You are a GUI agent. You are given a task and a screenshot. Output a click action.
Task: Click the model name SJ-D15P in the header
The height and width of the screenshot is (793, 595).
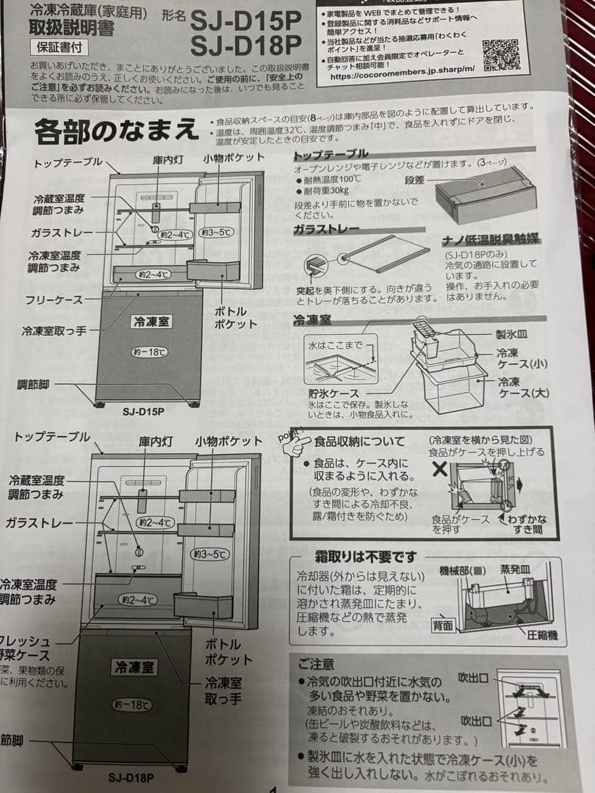coord(246,20)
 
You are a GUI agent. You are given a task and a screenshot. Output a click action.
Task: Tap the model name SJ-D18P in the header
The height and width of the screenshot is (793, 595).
coord(245,46)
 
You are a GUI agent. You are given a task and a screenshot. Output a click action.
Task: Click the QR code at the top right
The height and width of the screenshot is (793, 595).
coord(501,55)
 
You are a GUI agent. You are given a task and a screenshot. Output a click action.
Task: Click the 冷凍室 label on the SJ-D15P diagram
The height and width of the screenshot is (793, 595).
coord(150,322)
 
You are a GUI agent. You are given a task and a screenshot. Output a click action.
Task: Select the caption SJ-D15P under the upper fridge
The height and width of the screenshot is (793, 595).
coord(143,412)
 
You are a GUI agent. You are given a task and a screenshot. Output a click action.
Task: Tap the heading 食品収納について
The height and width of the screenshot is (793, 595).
coord(359,441)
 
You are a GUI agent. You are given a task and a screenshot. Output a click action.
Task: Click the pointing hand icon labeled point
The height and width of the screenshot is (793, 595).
coord(294,443)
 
